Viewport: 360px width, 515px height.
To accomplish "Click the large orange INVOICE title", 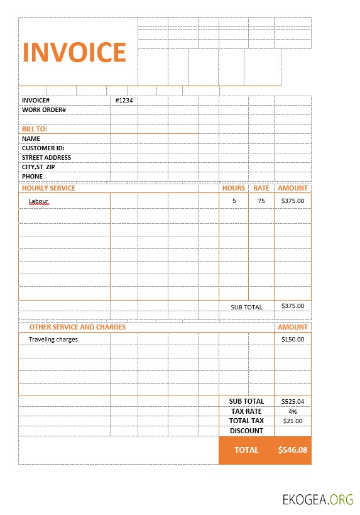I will [75, 52].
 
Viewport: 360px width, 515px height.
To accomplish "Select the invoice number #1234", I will [124, 101].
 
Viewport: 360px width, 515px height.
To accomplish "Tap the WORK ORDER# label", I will [44, 110].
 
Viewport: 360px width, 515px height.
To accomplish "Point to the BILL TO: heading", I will [35, 129].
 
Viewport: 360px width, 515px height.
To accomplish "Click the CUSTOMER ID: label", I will [43, 148].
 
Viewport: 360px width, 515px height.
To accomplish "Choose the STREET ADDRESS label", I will [46, 157].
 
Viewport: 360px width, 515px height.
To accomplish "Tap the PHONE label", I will [32, 177].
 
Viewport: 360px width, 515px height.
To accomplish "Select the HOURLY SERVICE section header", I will [48, 188].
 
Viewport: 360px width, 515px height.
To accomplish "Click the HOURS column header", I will [234, 188].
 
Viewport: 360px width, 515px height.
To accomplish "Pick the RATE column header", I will [261, 188].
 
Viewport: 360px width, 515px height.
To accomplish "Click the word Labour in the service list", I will [38, 201].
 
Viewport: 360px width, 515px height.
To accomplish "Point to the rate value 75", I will [261, 201].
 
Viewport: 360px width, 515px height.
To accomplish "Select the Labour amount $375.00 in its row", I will [293, 201].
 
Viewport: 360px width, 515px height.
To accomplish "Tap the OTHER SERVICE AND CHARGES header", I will [77, 327].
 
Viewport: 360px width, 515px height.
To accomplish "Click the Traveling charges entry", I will [53, 340].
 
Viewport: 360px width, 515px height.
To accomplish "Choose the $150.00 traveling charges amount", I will [293, 340].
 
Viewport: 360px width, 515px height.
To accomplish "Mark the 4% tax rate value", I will [293, 411].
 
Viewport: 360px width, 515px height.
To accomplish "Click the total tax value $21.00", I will [293, 421].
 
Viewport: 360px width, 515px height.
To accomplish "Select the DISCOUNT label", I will [246, 431].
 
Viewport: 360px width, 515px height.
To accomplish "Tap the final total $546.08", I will [293, 450].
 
